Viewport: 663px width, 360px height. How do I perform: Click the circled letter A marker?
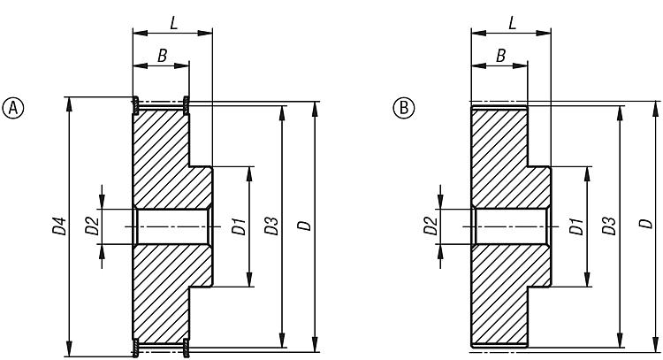(x=13, y=108)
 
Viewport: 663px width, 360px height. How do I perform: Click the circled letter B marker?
(x=404, y=108)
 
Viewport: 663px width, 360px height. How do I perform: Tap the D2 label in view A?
(x=92, y=226)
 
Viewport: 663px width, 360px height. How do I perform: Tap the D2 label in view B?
(x=431, y=226)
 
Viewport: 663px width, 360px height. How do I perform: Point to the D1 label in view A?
(x=239, y=226)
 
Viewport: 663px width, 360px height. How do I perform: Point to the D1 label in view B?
(x=576, y=226)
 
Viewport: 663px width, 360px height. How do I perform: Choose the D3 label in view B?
(x=609, y=226)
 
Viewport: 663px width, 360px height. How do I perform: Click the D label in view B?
(x=645, y=223)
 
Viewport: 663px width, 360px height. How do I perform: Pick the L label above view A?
(x=174, y=23)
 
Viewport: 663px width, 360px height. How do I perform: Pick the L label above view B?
(x=512, y=23)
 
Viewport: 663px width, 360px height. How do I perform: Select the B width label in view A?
(x=163, y=56)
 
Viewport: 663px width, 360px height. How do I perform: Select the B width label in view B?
(x=500, y=56)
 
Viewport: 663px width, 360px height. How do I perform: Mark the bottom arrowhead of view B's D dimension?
(x=655, y=343)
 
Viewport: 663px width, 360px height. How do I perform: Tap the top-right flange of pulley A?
(x=186, y=105)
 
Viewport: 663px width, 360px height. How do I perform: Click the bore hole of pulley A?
(x=172, y=226)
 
